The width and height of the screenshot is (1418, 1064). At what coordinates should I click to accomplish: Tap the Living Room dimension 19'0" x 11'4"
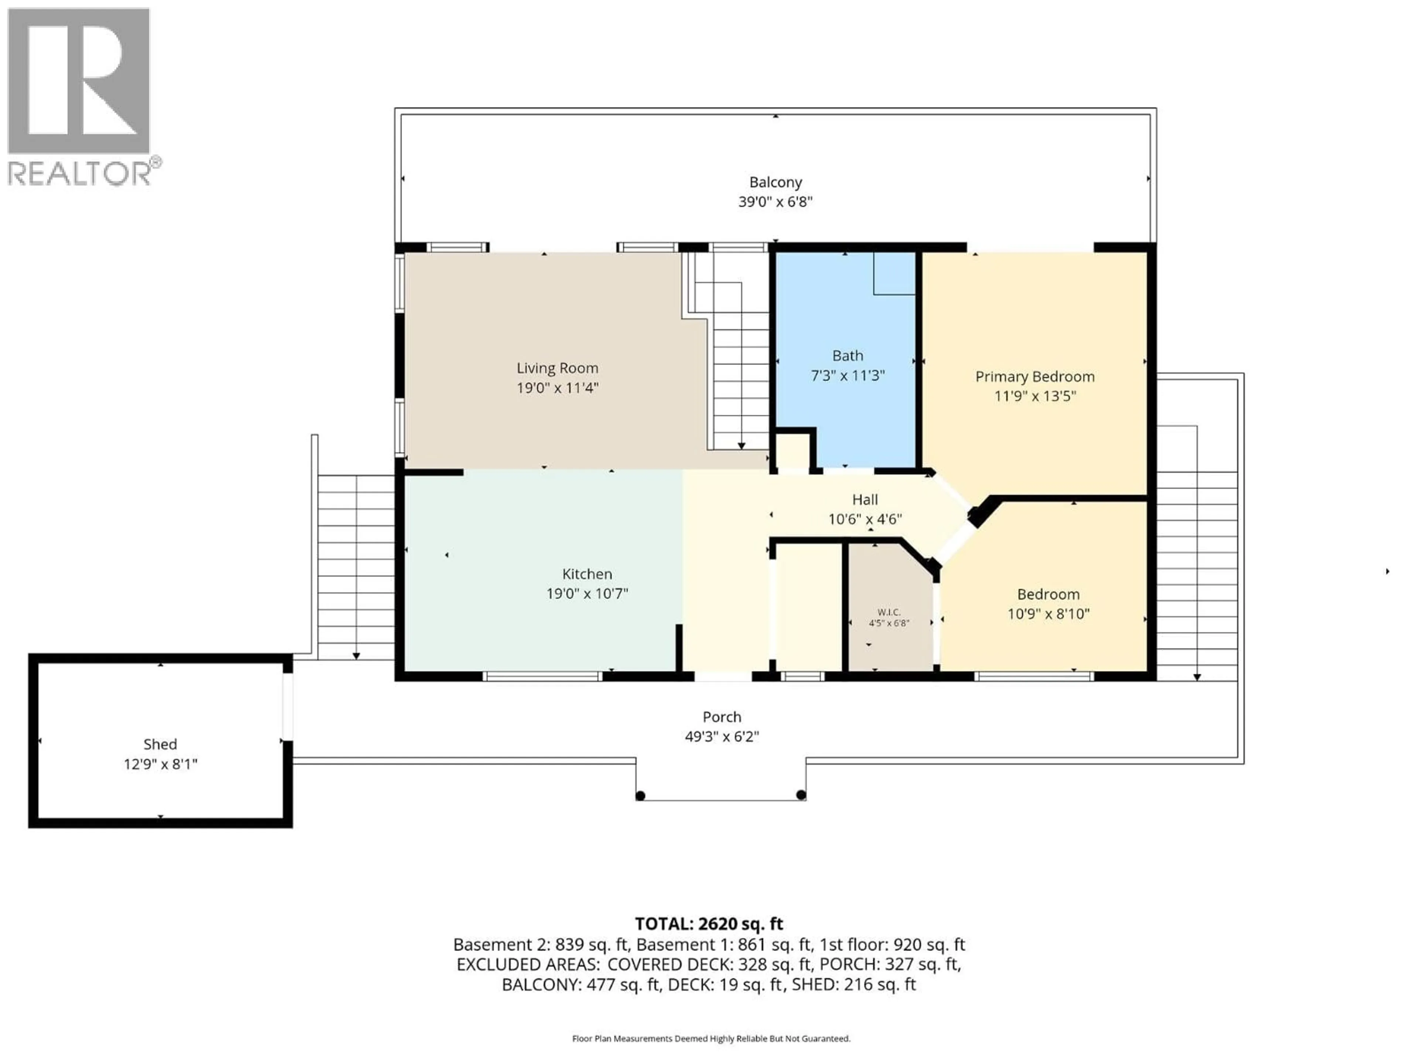[x=557, y=388]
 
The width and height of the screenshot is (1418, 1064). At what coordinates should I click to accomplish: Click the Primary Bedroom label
[x=1035, y=376]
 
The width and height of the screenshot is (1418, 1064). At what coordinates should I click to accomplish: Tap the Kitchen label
[x=586, y=574]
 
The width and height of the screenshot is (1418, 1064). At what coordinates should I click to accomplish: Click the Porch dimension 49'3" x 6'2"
[x=722, y=736]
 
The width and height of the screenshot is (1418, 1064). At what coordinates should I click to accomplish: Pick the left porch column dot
[x=640, y=796]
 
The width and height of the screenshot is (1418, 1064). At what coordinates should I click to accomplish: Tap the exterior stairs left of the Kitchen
[x=356, y=567]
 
